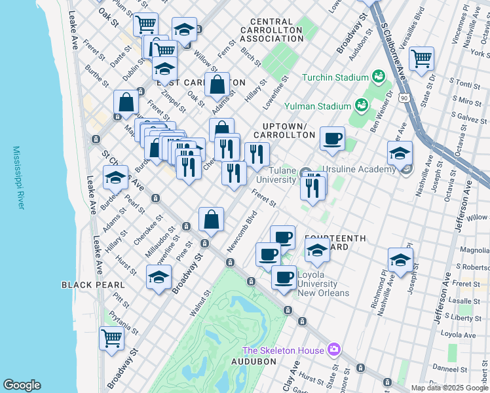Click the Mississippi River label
click(x=18, y=178)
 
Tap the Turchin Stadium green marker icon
click(x=378, y=77)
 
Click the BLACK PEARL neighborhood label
click(x=93, y=285)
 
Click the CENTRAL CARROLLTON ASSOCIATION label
click(x=272, y=30)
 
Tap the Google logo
click(x=22, y=385)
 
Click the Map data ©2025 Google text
click(x=449, y=388)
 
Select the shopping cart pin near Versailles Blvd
click(x=421, y=58)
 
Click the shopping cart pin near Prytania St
click(x=111, y=338)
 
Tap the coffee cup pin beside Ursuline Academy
click(x=332, y=138)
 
